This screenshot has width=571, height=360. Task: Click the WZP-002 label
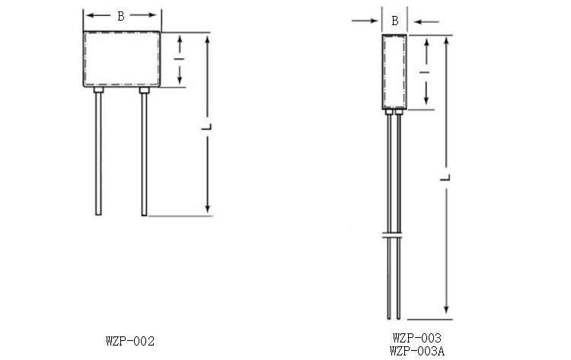[x=130, y=341]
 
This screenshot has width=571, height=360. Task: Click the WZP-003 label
[x=417, y=338]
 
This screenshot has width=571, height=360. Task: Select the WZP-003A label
[x=417, y=351]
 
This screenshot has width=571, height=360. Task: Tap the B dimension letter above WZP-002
[x=121, y=16]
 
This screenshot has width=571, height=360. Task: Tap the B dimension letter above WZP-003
[x=394, y=21]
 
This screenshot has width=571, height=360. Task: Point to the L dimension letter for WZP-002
[x=207, y=126]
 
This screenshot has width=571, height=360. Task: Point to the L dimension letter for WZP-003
[x=445, y=177]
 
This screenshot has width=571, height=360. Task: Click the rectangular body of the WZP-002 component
[x=122, y=59]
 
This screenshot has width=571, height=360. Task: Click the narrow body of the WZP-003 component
[x=394, y=72]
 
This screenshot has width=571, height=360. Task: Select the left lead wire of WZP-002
[x=98, y=154]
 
